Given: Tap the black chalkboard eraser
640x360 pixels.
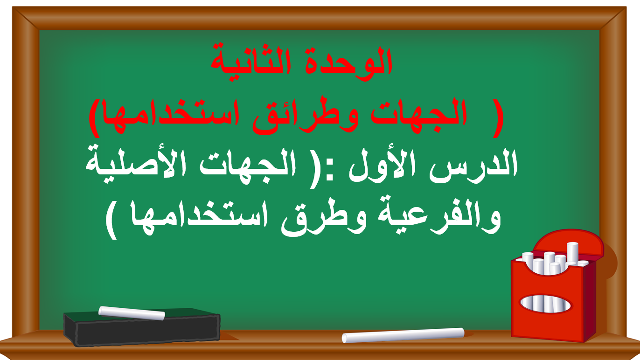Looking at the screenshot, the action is pyautogui.click(x=142, y=329).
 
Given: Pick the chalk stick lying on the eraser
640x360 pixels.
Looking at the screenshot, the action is pyautogui.click(x=132, y=313).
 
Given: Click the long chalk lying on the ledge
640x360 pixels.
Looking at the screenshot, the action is pyautogui.click(x=403, y=335).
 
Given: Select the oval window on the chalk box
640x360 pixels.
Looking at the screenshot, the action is pyautogui.click(x=545, y=304).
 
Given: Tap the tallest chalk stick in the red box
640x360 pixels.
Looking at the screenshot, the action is pyautogui.click(x=572, y=253).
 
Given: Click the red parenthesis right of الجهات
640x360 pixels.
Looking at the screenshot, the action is pyautogui.click(x=499, y=118).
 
